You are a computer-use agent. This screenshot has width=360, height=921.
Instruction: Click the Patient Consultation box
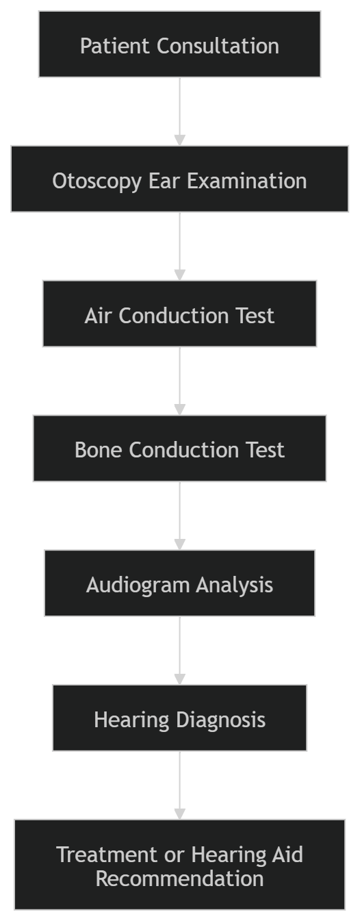point(179,45)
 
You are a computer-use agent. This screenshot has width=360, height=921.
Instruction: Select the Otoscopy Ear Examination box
point(179,179)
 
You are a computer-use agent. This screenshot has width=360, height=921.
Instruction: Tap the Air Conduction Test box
point(179,314)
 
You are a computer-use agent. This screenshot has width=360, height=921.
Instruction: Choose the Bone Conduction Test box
point(179,449)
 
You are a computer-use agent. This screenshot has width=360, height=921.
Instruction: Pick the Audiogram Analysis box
point(179,583)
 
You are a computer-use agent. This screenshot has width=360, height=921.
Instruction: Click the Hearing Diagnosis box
point(179,718)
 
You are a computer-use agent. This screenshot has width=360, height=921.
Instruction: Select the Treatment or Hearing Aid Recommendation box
point(179,864)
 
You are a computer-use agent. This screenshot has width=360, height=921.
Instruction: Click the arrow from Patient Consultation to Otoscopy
point(179,112)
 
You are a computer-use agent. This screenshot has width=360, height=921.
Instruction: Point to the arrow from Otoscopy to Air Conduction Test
point(179,247)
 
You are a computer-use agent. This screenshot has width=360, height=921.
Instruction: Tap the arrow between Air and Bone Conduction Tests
point(179,381)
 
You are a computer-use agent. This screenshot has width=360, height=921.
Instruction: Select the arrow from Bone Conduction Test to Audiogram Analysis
point(179,516)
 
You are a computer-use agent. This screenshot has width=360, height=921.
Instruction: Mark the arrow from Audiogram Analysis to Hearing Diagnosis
point(179,651)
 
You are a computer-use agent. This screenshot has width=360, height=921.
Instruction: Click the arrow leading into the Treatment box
point(179,785)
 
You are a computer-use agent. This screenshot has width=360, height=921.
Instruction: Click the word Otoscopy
point(97,181)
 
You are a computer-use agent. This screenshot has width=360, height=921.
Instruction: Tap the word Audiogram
point(138,585)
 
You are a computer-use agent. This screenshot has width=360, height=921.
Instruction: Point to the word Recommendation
point(179,879)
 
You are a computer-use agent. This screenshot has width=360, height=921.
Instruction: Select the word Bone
point(99,449)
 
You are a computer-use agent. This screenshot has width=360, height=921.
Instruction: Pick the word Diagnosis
point(220,720)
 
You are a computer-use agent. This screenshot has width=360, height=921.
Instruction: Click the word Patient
point(115,45)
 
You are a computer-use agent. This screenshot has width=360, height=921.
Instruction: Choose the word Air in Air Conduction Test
point(99,316)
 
